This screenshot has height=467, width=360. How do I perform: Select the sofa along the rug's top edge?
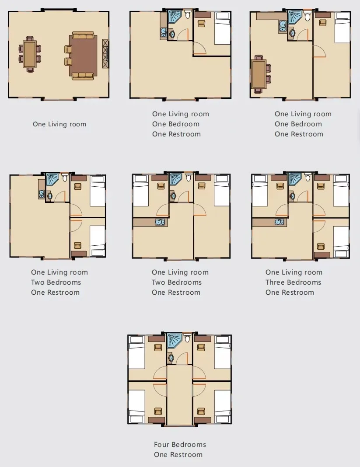coord(83,35)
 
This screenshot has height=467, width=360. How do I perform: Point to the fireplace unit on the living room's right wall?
coord(105,53)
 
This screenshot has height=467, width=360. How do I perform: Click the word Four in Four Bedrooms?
coord(161,444)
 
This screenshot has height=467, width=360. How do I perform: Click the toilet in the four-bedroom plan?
coord(187,339)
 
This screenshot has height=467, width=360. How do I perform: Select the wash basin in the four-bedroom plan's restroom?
coord(171,358)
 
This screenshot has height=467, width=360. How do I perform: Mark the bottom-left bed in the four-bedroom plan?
coord(136,404)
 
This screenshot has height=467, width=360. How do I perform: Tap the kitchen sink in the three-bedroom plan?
coord(279,222)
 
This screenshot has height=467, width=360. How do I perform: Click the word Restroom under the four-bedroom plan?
coord(186,454)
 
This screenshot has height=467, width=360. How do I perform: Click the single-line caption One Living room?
coord(59,124)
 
